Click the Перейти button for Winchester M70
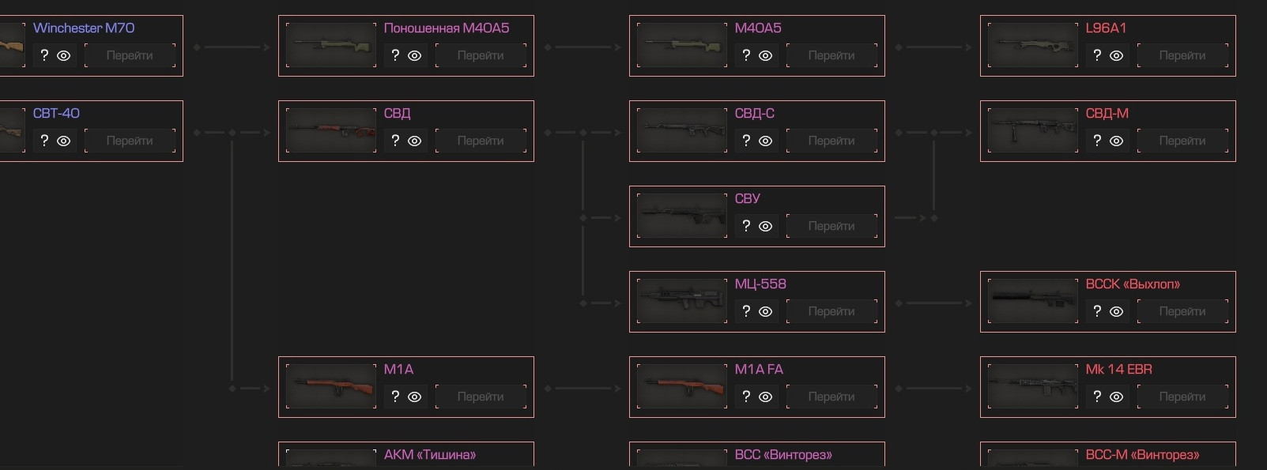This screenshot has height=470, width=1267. (130, 55)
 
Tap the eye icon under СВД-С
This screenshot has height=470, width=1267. (765, 141)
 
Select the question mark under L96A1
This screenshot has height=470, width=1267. (1097, 55)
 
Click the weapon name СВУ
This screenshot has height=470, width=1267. (747, 198)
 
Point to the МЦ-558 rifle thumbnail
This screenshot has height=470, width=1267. (682, 301)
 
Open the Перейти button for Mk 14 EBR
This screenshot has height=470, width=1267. (1182, 397)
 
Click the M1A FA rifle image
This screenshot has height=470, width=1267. (682, 386)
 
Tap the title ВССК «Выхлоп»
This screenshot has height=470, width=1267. (1133, 284)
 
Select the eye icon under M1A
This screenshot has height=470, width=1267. (415, 397)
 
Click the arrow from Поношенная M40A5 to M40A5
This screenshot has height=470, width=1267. (583, 47)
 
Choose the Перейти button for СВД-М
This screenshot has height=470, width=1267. (1182, 141)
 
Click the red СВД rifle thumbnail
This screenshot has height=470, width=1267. (331, 130)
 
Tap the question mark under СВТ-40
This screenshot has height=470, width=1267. (44, 141)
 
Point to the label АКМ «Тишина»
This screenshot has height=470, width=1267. (430, 455)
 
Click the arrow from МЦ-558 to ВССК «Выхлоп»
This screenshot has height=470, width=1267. (933, 303)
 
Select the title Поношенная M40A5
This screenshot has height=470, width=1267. (447, 28)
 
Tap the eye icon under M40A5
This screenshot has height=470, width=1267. (765, 55)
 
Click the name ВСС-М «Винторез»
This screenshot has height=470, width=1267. (1142, 455)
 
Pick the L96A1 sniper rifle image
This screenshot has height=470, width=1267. (1033, 45)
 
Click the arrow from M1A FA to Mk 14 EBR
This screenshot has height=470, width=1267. (933, 389)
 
